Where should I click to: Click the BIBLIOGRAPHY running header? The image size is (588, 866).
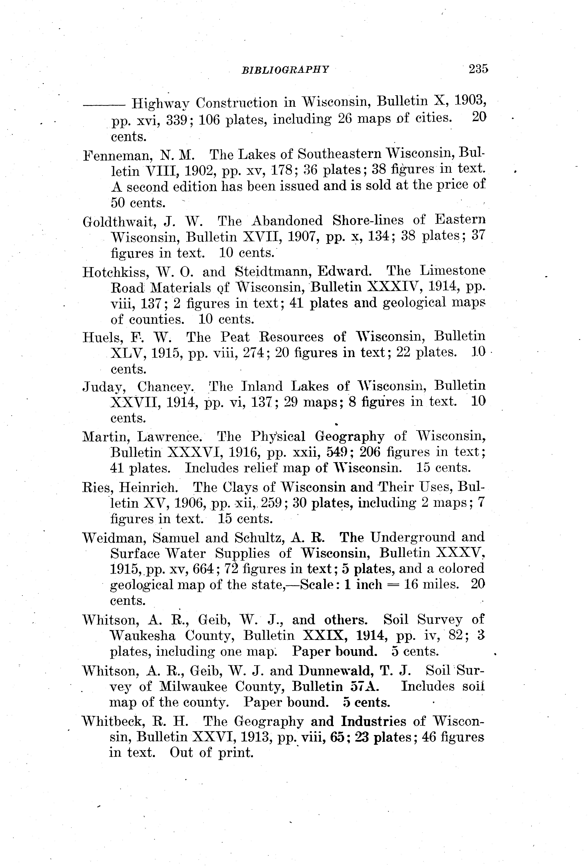point(285,69)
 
